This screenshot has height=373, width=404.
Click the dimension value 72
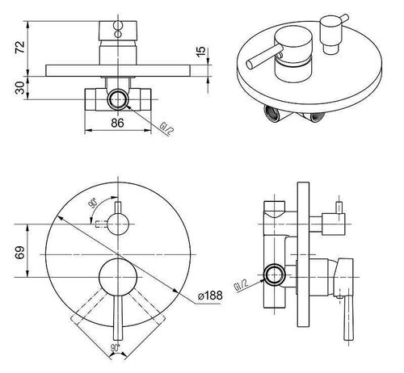(x=21, y=48)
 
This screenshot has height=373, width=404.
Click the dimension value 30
(x=21, y=88)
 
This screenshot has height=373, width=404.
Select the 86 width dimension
(x=118, y=123)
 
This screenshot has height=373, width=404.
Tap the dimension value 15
(x=201, y=52)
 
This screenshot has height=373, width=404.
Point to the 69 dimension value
(x=20, y=252)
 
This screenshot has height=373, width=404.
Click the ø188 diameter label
(x=210, y=295)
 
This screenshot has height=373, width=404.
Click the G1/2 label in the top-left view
(x=166, y=128)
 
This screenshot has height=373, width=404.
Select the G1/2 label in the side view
(x=241, y=285)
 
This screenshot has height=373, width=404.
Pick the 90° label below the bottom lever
(x=115, y=348)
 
